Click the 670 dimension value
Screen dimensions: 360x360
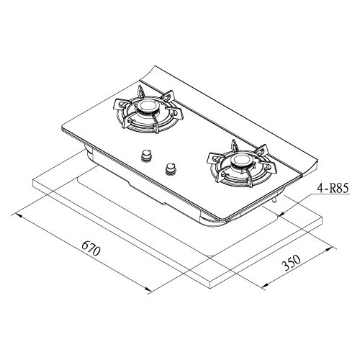(x=91, y=248)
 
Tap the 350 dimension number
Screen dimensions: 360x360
(x=291, y=263)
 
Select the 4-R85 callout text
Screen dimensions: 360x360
(x=332, y=189)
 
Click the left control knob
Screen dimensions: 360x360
(x=146, y=155)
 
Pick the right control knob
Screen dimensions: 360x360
(x=171, y=168)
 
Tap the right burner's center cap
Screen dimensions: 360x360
(x=240, y=160)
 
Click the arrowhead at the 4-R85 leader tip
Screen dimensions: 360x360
(x=283, y=213)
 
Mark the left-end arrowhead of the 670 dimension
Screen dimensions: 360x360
(x=18, y=215)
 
